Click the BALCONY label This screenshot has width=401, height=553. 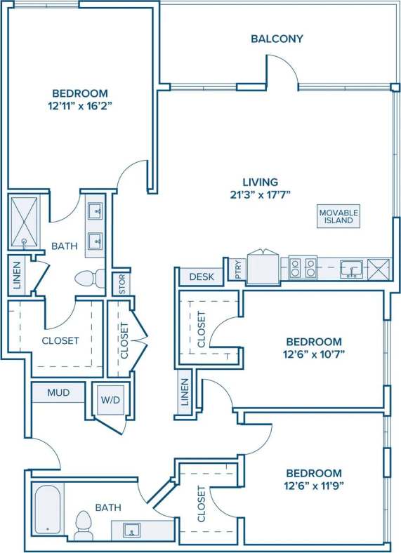tap(277, 39)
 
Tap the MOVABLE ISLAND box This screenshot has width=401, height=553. tap(338, 216)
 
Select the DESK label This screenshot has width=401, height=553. tap(201, 277)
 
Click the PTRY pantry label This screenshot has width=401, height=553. tap(239, 271)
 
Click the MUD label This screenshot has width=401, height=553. tap(58, 392)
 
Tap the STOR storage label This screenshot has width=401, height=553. tap(122, 286)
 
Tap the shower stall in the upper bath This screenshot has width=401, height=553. tap(25, 222)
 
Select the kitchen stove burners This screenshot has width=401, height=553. tap(302, 267)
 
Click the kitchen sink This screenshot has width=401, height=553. tap(349, 267)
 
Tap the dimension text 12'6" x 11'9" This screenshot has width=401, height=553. tap(314, 485)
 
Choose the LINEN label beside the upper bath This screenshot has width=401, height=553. tap(17, 276)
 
